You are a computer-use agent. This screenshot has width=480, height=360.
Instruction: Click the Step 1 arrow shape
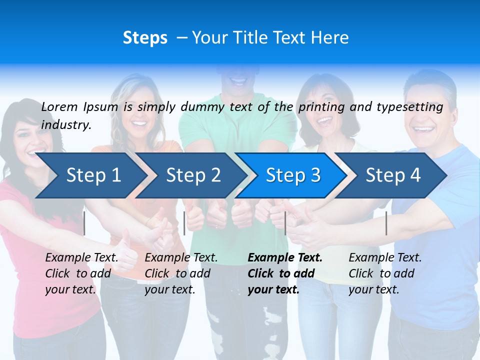click(x=90, y=175)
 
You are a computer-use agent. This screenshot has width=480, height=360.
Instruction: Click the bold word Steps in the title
click(x=145, y=38)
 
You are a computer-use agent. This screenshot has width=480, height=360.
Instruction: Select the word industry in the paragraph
click(x=65, y=125)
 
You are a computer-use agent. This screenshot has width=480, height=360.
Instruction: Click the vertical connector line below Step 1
click(x=84, y=223)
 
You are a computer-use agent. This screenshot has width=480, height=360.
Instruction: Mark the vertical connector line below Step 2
click(x=184, y=223)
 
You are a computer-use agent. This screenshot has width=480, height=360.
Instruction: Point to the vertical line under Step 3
click(x=285, y=223)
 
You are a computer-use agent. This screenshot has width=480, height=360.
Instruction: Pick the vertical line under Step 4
click(x=386, y=223)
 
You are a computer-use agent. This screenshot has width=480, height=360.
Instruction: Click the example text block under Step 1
click(x=81, y=273)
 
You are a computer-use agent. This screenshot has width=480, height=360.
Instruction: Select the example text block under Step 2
click(x=181, y=273)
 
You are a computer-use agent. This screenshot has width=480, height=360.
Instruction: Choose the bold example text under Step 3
click(x=284, y=273)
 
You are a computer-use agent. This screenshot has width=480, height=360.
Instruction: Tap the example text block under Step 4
click(x=385, y=273)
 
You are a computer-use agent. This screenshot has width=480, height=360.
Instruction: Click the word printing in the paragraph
click(x=320, y=106)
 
